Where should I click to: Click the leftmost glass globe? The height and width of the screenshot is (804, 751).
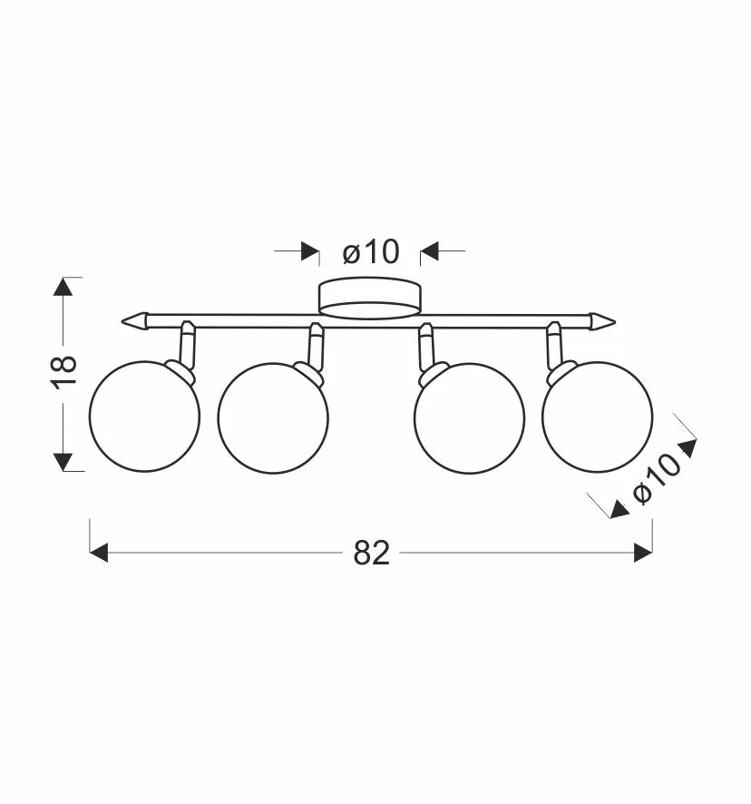(144, 417)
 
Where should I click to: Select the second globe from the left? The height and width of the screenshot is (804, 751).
(273, 418)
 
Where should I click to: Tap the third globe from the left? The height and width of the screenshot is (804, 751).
(470, 418)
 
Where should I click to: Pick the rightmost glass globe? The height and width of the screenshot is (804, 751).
(598, 417)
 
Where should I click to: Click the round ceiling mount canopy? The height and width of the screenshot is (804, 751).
(370, 298)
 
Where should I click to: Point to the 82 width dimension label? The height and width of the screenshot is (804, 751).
(372, 554)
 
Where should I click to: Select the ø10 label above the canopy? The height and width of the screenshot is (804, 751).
(371, 252)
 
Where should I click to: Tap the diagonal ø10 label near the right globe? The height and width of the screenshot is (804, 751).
(657, 479)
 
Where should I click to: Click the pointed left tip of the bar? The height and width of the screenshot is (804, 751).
(122, 321)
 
